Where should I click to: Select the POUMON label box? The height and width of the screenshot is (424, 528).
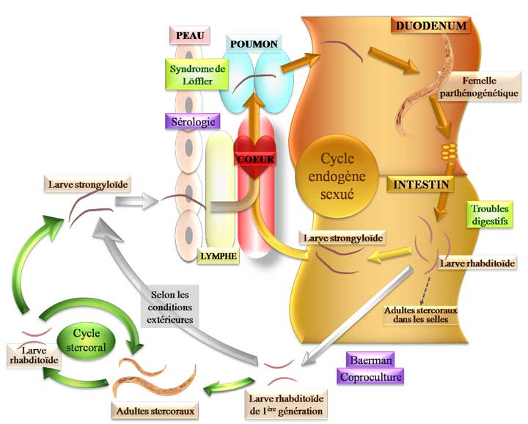click(x=254, y=44)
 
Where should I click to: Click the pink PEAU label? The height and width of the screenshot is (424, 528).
click(x=189, y=34)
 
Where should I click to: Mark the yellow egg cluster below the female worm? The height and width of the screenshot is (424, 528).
click(x=447, y=154)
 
